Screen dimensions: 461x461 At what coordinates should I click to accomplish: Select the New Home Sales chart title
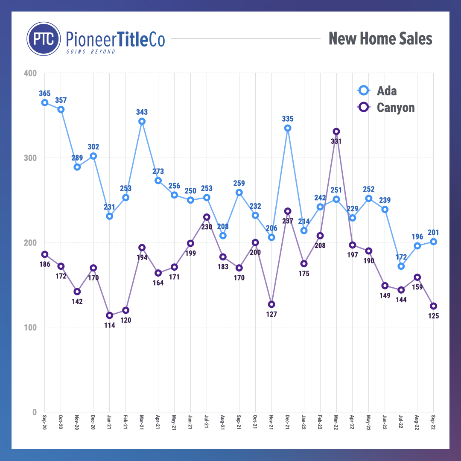coord(380,39)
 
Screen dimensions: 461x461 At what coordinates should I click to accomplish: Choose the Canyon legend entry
coord(387,108)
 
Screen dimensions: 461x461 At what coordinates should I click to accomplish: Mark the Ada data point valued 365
coord(45,102)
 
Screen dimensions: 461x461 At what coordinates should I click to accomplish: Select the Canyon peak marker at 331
coord(336,131)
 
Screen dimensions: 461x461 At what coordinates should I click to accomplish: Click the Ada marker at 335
coord(288,128)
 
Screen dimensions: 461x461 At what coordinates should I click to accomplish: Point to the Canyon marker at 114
coord(110,315)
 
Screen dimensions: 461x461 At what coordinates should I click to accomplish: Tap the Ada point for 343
coord(142,121)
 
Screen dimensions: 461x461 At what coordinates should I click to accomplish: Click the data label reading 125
coord(434,316)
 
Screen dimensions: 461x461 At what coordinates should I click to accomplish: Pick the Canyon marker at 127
coord(271,304)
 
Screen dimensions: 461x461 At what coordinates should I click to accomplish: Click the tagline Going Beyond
coord(90,52)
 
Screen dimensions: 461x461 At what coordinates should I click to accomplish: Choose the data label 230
coord(207,227)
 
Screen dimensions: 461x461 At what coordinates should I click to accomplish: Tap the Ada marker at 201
coord(434,242)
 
